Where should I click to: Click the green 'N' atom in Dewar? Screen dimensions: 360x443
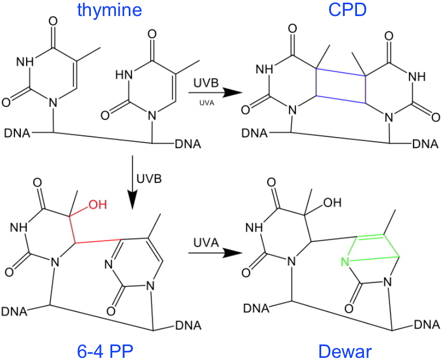345,262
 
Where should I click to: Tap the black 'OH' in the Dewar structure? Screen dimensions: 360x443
335,203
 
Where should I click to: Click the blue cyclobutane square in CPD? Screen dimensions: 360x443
341,87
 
